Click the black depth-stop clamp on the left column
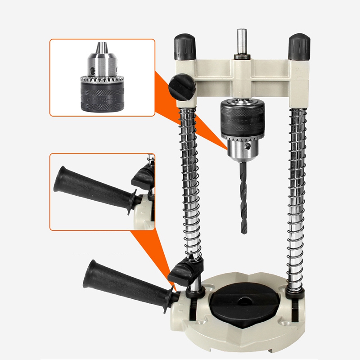click(x=184, y=273)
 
